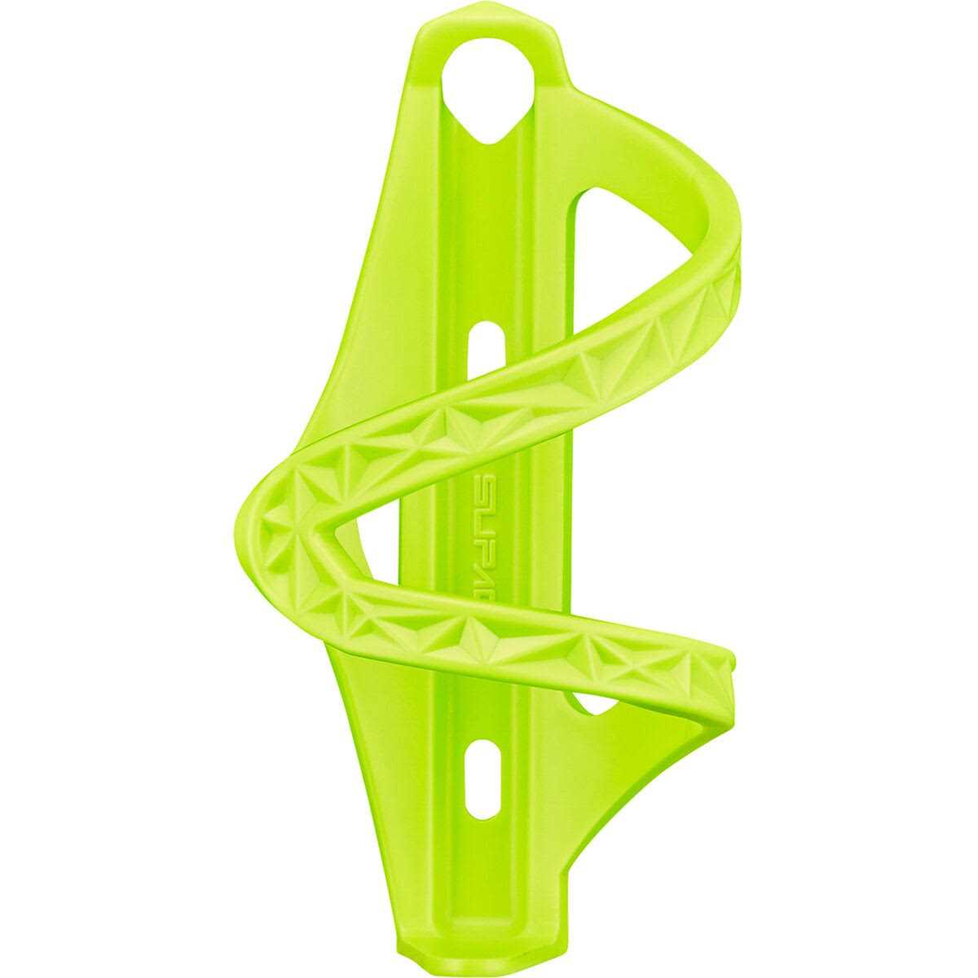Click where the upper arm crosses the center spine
coord(505,391)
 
